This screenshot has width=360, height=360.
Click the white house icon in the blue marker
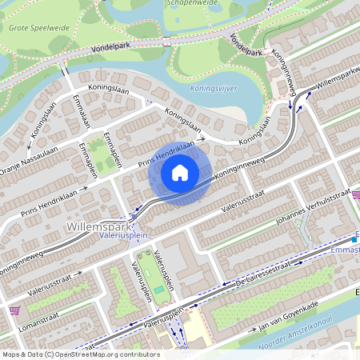180,171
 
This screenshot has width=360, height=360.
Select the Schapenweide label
191,3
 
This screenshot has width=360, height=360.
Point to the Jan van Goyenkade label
289,315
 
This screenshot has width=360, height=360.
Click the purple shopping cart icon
14,310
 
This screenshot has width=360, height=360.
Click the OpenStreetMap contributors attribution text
80,354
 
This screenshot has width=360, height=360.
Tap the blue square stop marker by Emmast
354,239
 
